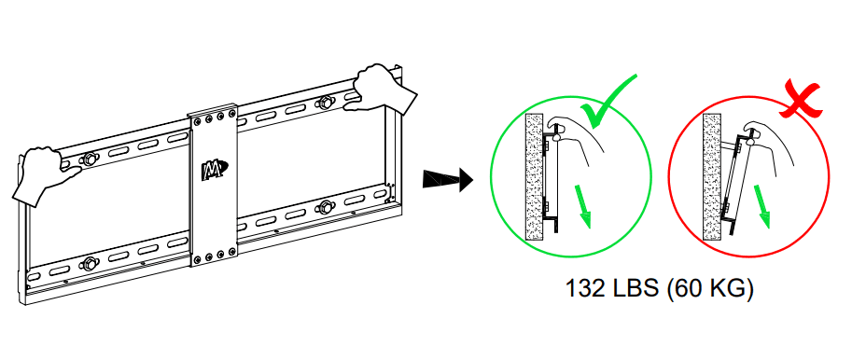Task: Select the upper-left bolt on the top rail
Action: click(89, 159)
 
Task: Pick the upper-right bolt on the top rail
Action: click(326, 103)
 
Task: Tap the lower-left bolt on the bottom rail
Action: click(89, 263)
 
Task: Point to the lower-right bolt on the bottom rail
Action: click(326, 206)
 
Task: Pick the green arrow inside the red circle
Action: click(762, 204)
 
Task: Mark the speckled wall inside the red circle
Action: click(712, 177)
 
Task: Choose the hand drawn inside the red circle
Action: click(770, 145)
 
